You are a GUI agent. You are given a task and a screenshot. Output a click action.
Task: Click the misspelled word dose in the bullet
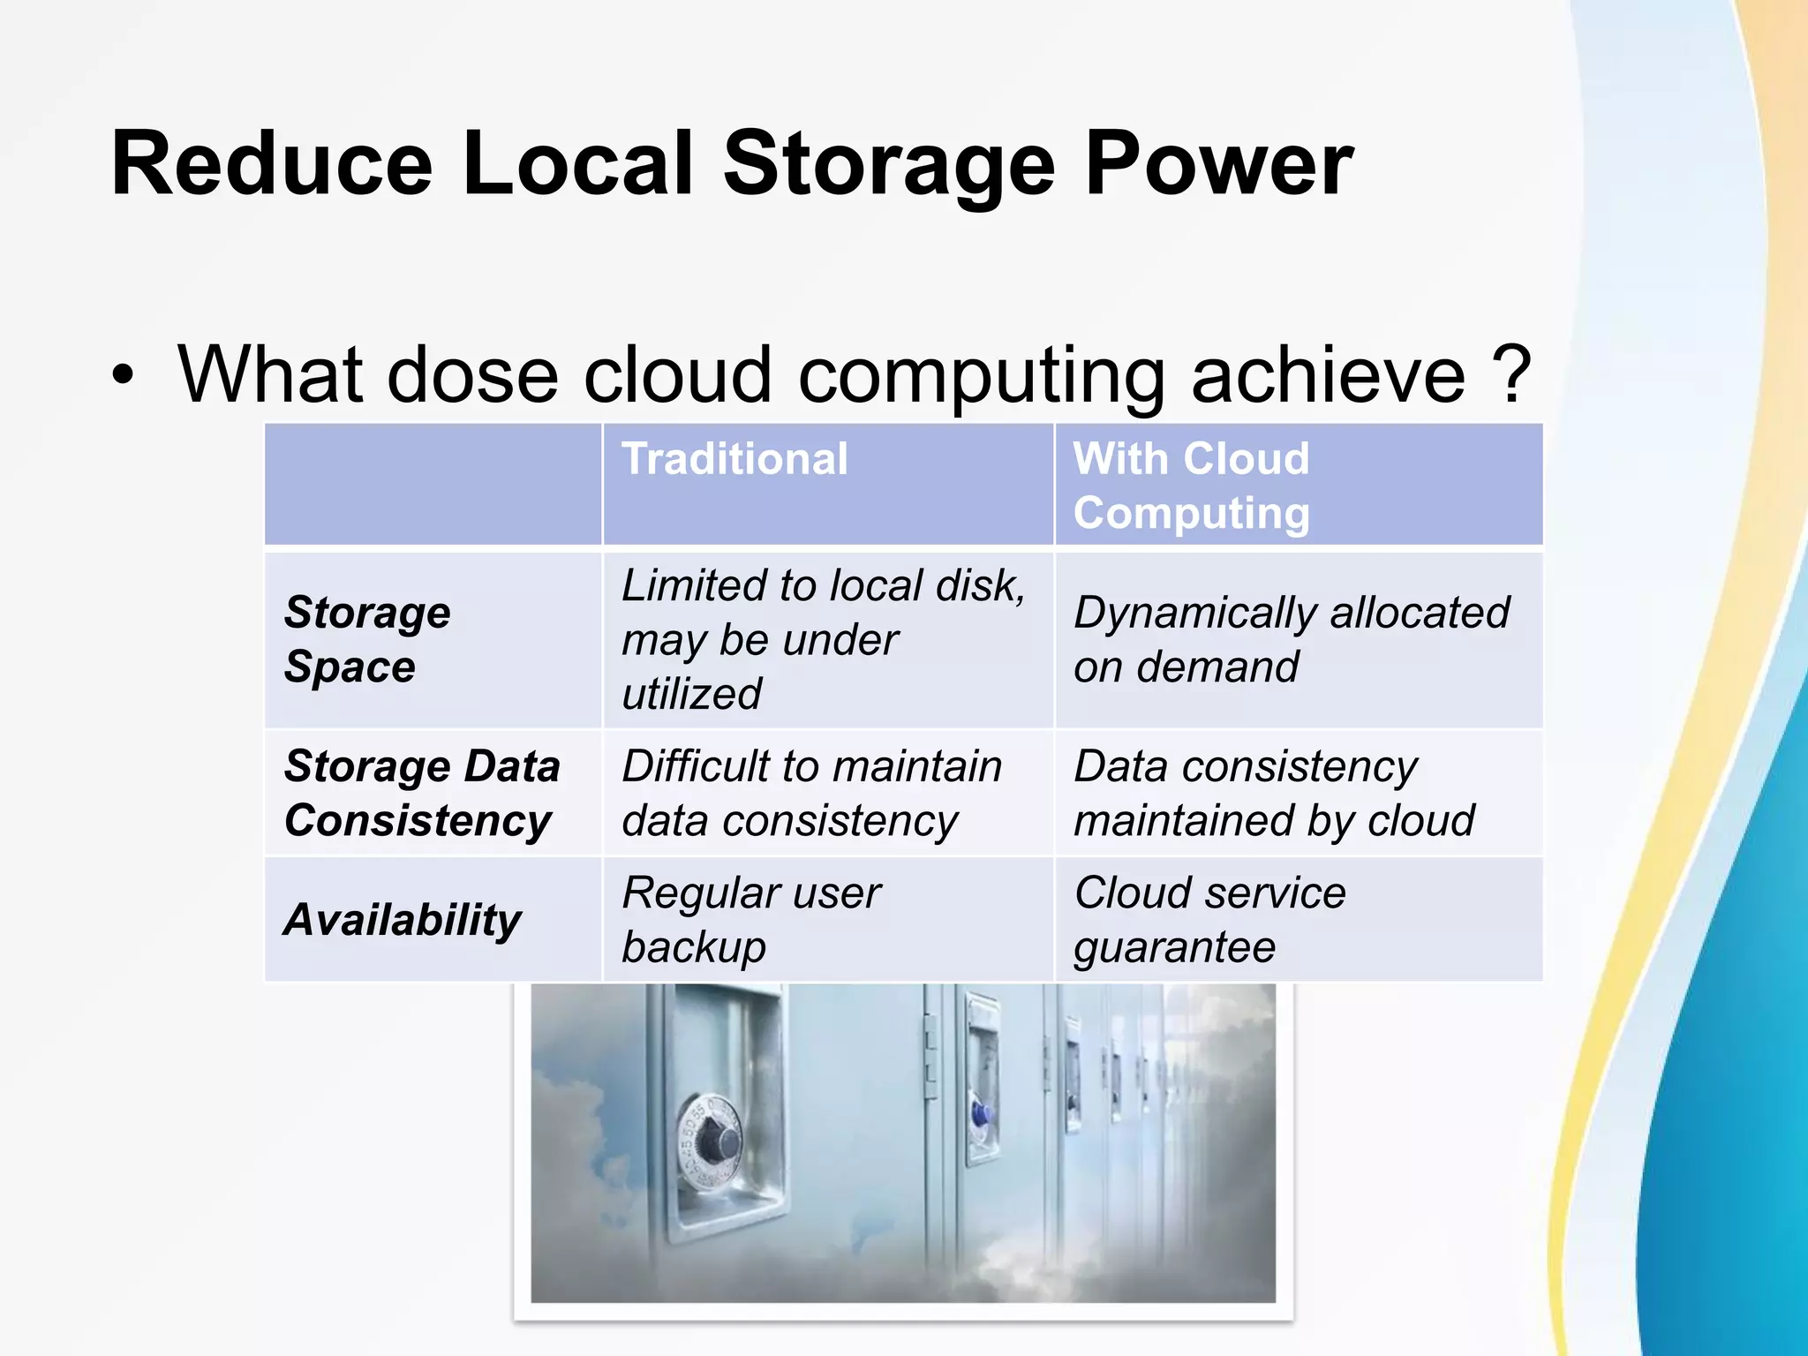(471, 374)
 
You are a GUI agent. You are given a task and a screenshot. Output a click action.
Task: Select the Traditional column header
(734, 459)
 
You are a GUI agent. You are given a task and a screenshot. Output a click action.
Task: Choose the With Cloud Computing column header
(1191, 486)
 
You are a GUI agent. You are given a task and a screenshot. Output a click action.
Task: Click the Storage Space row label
(367, 639)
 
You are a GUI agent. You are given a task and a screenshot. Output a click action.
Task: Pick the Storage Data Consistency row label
(422, 793)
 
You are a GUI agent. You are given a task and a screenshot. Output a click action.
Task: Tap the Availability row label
(403, 920)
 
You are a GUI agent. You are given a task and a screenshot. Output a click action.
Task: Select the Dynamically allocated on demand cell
(1291, 639)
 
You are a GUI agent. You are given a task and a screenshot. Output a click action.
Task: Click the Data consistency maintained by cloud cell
(1273, 793)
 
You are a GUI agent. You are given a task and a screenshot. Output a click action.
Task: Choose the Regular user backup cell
(750, 920)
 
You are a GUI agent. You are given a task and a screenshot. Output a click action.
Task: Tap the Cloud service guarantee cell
(1209, 920)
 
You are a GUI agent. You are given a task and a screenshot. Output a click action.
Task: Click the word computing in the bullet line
(981, 376)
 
